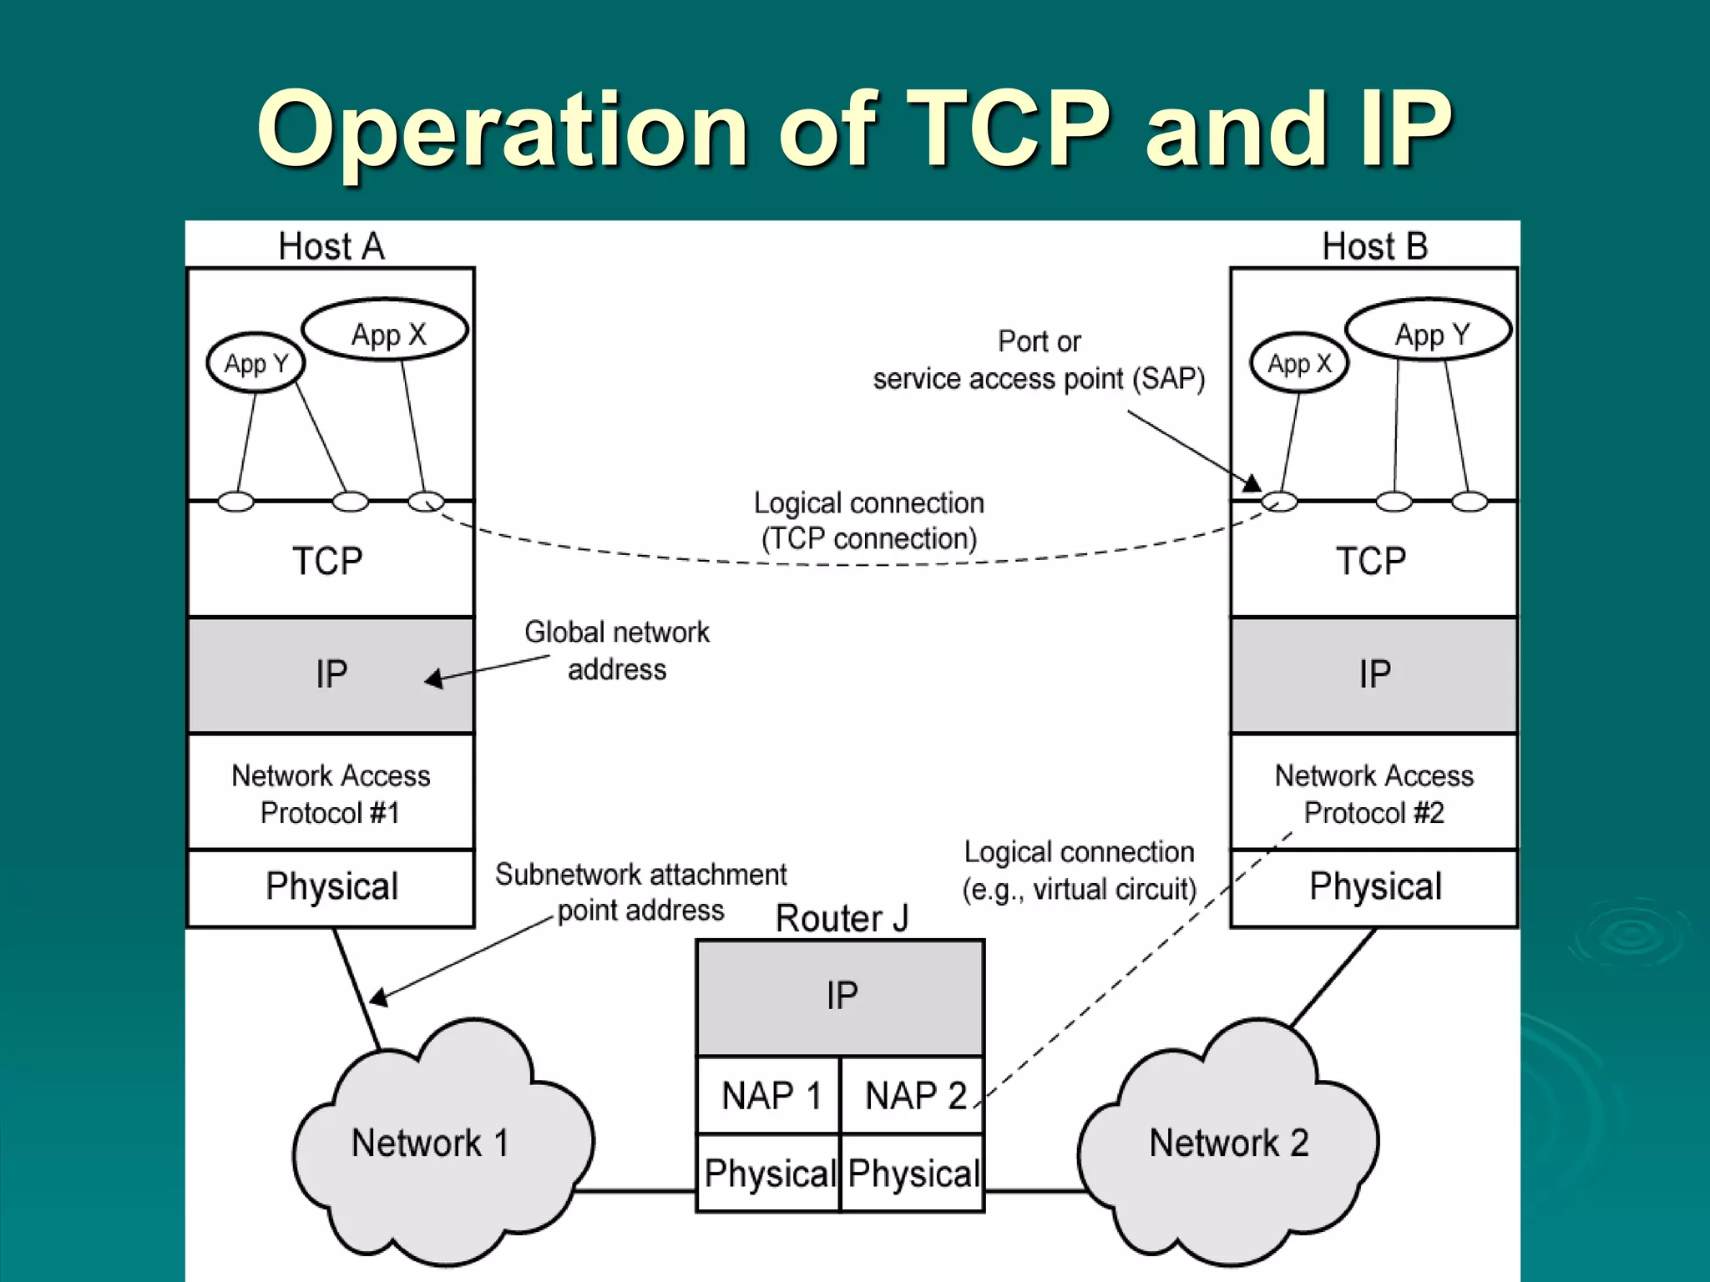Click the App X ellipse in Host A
tap(385, 331)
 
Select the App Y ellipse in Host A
tap(255, 363)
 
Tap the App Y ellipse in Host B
tap(1429, 331)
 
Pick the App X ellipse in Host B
tap(1299, 363)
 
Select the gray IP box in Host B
tap(1374, 674)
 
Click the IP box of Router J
tap(841, 997)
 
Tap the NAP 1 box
tap(769, 1095)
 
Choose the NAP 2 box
tap(913, 1095)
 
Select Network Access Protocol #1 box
tap(331, 793)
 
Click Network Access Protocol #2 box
tap(1374, 793)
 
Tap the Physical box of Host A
tap(331, 887)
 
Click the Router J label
tap(841, 918)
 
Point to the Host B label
tap(1374, 246)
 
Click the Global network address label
tap(617, 651)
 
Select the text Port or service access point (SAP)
tap(1039, 361)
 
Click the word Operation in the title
tap(503, 129)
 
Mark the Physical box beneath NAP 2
tap(913, 1173)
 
